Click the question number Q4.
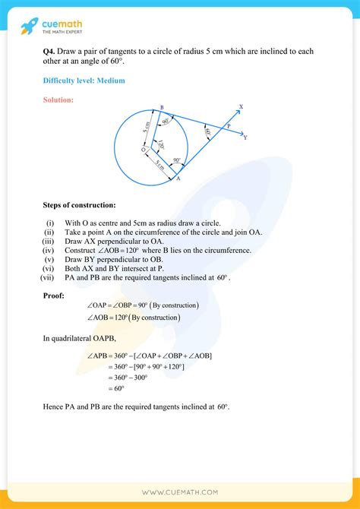50,51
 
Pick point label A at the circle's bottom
178,181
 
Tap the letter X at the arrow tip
241,107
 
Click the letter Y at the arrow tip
245,138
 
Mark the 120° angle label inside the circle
159,145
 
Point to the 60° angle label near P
207,132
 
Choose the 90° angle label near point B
165,122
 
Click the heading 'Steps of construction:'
80,205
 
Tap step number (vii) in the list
47,278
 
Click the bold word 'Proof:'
54,295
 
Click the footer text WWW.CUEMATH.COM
180,492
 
